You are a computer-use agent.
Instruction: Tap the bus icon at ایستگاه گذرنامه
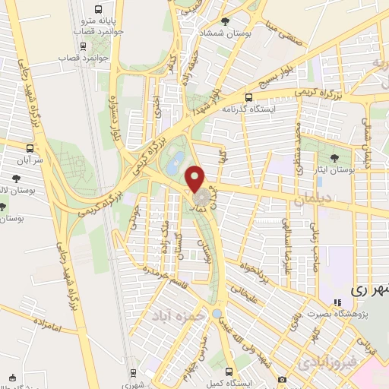click(248, 96)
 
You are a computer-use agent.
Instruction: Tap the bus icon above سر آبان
click(30, 148)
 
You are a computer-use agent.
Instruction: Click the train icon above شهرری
click(134, 372)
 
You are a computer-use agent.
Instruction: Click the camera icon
click(283, 379)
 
